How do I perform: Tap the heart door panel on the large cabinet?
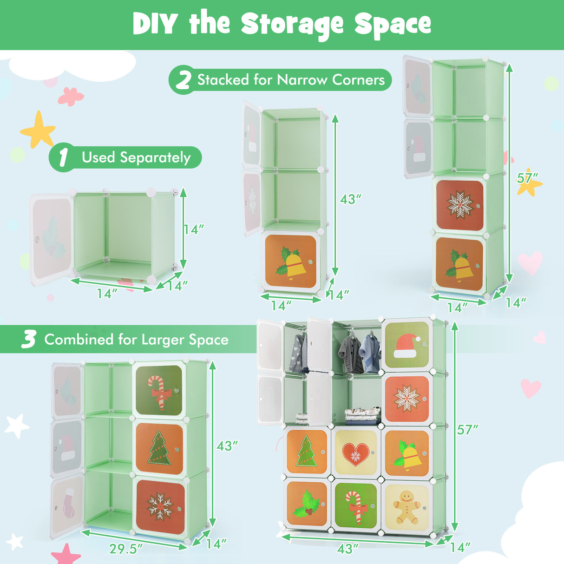356,453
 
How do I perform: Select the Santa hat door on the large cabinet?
407,345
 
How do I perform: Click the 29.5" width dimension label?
126,549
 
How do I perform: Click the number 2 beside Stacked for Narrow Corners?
183,80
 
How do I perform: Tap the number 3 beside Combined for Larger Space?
29,340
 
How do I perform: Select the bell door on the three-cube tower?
291,261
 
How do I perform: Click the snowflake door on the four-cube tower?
459,204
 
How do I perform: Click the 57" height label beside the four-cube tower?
528,178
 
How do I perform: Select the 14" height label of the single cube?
193,230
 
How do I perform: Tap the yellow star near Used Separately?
39,131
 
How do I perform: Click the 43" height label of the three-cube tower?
351,199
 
